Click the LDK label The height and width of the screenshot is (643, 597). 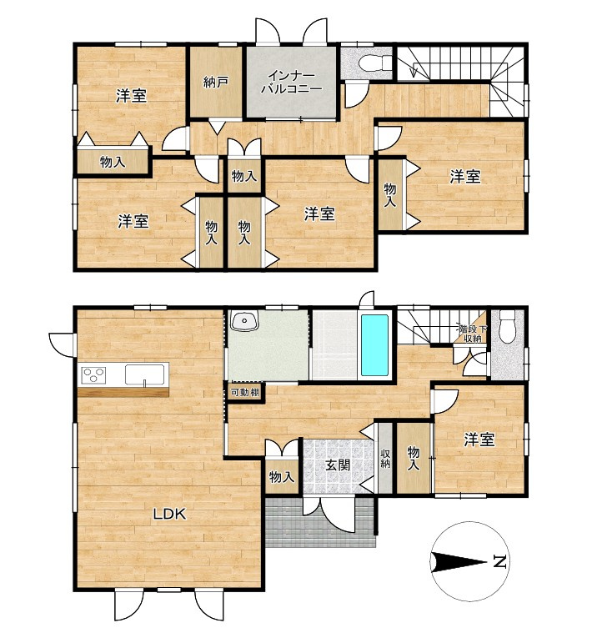coord(170,514)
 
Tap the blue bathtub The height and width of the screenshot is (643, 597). coord(374,345)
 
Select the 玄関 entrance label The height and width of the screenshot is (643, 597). coord(338,465)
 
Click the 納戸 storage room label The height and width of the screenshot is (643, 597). coord(216,83)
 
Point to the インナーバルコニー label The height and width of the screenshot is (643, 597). coord(292,82)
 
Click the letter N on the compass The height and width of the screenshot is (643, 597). coord(499,561)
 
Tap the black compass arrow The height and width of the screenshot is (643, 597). coord(459,561)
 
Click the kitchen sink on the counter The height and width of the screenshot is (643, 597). coord(145,374)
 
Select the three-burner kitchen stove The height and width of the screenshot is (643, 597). coord(94,374)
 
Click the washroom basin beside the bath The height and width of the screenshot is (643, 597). coord(244,320)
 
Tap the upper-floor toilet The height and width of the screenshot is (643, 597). coord(374,63)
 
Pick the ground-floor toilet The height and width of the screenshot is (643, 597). coord(507,326)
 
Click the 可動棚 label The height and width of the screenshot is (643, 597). coord(245,392)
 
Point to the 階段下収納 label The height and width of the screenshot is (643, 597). coord(473,334)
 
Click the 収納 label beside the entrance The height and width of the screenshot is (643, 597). coord(385,459)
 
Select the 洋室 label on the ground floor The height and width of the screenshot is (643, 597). coord(479,440)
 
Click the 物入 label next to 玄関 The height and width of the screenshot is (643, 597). coord(282,477)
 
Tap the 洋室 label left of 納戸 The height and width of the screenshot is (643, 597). coord(131,97)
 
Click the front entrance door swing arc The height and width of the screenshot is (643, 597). coord(337,518)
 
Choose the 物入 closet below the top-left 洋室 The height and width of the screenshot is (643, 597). coord(113,162)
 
